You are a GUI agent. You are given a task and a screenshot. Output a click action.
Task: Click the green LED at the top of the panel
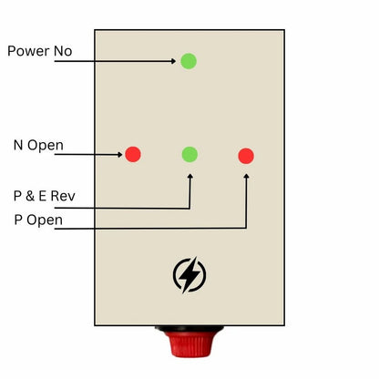189,61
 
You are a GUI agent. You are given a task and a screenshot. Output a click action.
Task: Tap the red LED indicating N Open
133,154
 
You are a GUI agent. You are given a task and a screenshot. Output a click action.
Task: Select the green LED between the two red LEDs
189,154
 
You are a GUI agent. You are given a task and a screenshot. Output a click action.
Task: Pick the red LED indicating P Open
246,156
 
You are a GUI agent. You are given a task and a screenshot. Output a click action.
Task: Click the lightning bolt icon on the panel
189,274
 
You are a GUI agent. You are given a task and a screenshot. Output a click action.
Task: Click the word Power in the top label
29,51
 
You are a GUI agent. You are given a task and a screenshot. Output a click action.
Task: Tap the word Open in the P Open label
44,220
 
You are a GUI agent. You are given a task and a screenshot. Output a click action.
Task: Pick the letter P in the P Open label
18,220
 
